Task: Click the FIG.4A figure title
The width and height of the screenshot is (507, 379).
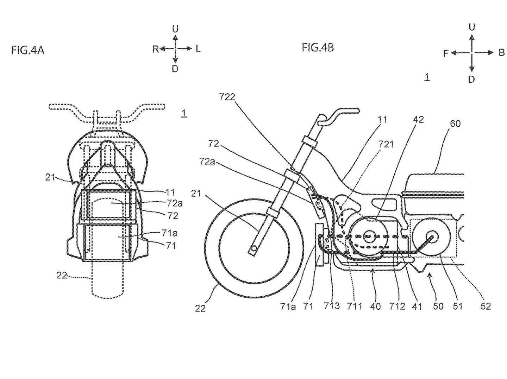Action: [x=28, y=50]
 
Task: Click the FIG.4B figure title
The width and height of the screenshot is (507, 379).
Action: [x=318, y=47]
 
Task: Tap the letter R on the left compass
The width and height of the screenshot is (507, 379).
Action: [x=156, y=49]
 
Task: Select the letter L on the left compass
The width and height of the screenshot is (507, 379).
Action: [x=198, y=49]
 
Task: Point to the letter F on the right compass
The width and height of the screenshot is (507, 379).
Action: [x=446, y=53]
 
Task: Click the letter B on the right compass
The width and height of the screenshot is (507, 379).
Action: [x=501, y=53]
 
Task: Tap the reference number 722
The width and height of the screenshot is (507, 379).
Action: [x=227, y=97]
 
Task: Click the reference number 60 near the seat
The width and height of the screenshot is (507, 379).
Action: [x=455, y=124]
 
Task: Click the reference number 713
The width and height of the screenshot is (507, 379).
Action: [x=332, y=306]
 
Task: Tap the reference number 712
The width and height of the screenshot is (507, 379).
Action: [x=397, y=306]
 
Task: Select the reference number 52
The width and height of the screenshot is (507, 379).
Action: [x=486, y=306]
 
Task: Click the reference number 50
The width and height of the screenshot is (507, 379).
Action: [x=438, y=306]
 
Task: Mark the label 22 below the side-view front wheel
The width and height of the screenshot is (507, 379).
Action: [x=200, y=308]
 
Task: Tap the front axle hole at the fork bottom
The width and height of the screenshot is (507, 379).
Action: [x=252, y=249]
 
